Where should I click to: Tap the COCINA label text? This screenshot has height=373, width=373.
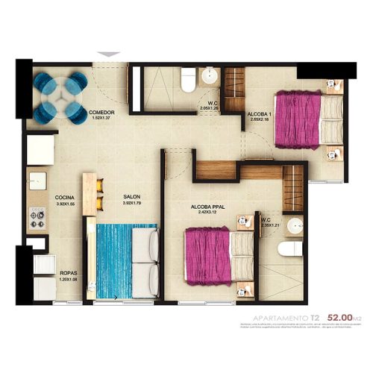65,198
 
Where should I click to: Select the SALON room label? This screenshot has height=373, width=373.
132,198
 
